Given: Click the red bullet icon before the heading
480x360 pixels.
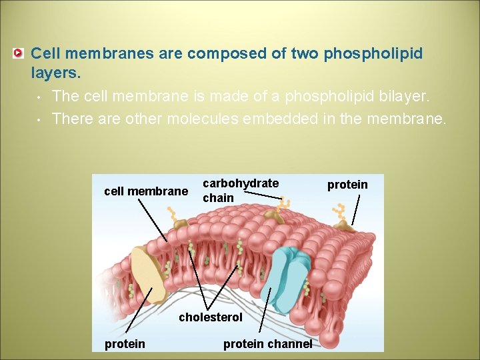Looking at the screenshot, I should pyautogui.click(x=20, y=53).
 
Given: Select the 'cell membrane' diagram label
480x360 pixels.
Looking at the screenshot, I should pyautogui.click(x=146, y=192).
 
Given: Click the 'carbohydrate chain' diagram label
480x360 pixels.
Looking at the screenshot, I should pyautogui.click(x=240, y=190).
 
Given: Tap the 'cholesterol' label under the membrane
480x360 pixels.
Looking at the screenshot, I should pyautogui.click(x=211, y=317).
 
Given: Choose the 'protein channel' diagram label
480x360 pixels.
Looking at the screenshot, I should pyautogui.click(x=267, y=344).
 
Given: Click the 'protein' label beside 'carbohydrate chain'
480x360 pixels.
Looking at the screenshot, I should pyautogui.click(x=347, y=185).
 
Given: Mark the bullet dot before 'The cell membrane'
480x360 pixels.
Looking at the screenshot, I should pyautogui.click(x=40, y=97).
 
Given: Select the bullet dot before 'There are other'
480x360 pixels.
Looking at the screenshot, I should pyautogui.click(x=40, y=120).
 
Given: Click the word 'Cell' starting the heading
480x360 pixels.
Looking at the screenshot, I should pyautogui.click(x=45, y=53).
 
